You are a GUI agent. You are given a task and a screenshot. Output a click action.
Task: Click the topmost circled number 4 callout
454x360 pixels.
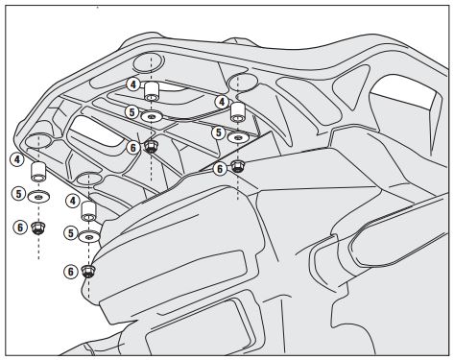coord(133,84)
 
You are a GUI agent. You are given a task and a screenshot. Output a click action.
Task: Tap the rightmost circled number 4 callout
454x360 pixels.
coord(222,102)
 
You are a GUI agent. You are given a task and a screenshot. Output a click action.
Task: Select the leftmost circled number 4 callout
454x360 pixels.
coord(17,159)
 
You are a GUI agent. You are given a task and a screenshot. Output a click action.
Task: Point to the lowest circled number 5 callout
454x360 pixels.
coord(71,233)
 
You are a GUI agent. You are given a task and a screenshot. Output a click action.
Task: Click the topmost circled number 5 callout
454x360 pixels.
coord(131,112)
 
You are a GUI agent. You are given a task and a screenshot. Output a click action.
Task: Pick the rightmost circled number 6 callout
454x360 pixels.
coord(220,169)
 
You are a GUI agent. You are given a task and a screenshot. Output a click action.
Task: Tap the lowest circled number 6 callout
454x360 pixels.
coord(71,272)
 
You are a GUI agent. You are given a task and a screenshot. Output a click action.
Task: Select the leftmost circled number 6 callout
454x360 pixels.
coord(20,228)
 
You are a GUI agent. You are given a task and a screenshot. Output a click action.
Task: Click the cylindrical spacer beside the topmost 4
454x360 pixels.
coord(152,91)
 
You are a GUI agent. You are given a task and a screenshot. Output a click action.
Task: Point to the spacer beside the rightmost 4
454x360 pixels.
coord(238,112)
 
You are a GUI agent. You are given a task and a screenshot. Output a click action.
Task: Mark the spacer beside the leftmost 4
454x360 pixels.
coord(38,172)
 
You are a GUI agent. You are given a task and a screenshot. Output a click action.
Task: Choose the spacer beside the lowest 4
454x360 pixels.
coord(88,211)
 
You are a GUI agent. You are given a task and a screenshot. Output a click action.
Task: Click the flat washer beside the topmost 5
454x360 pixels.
coord(152,116)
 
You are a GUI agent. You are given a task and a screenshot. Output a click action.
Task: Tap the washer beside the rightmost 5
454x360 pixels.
coord(238,137)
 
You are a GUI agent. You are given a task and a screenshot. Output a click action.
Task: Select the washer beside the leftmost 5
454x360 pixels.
coord(38,196)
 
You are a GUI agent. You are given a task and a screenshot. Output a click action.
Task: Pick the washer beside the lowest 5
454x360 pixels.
coord(89,237)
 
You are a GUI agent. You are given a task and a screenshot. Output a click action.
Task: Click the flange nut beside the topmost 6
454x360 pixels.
coord(150,146)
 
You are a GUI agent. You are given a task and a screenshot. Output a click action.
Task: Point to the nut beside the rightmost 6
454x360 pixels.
coord(237,166)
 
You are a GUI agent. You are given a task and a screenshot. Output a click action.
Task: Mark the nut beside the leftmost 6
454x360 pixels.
coord(38,228)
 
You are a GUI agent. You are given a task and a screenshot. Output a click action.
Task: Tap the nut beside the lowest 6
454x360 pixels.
coord(88,272)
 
